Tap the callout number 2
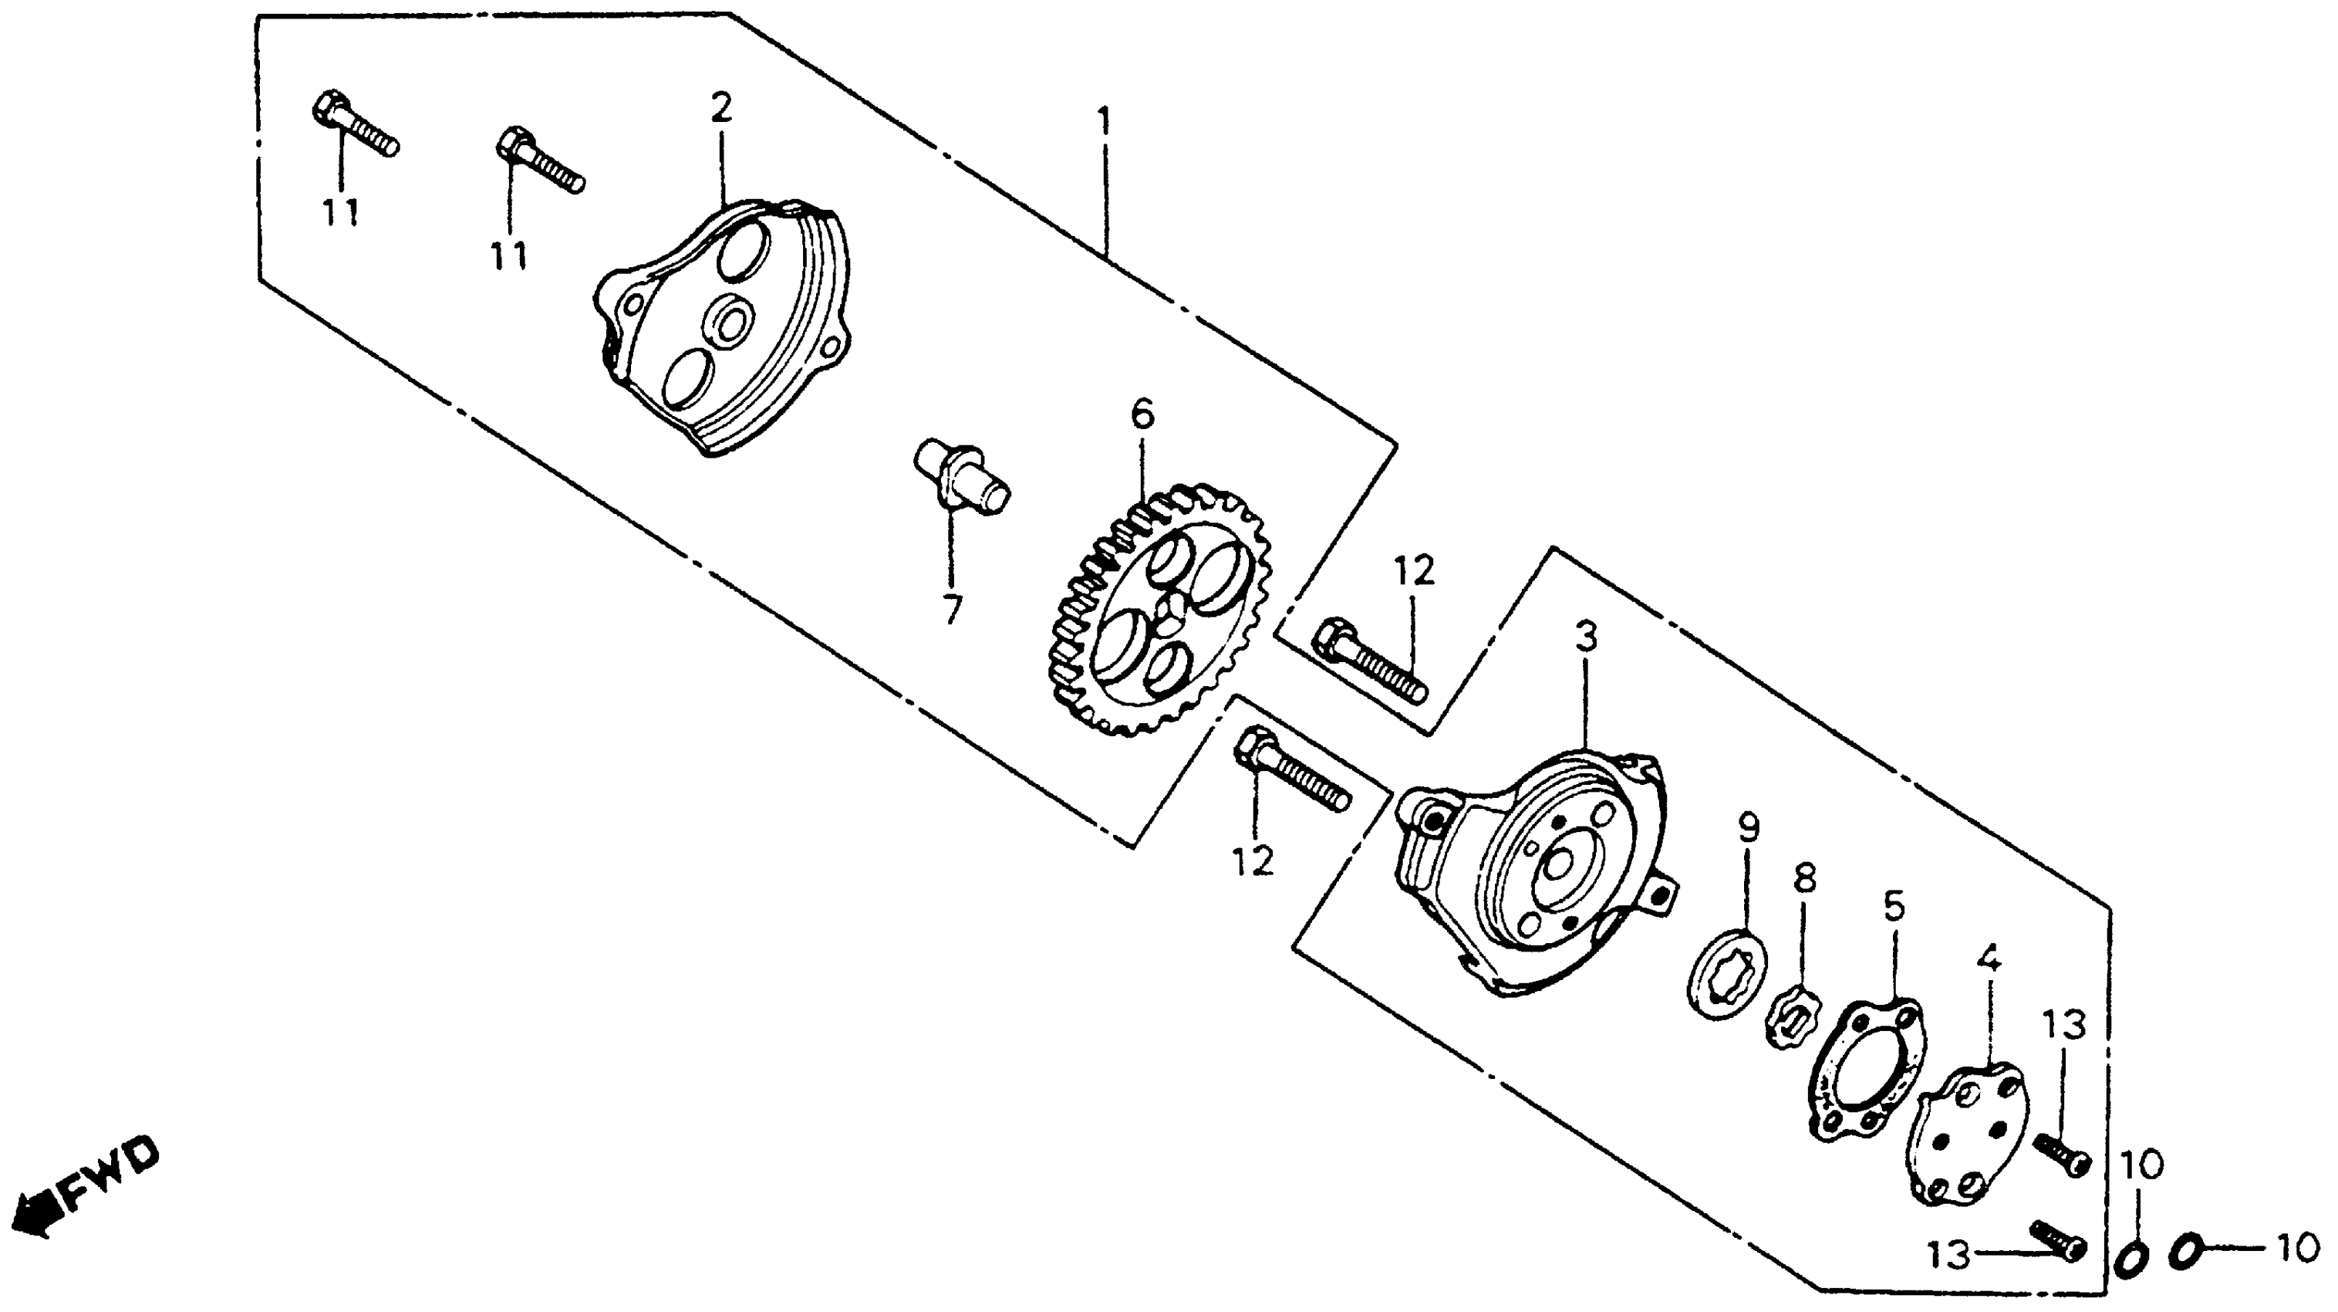click(720, 109)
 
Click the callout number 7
click(951, 609)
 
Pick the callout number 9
click(1748, 827)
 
